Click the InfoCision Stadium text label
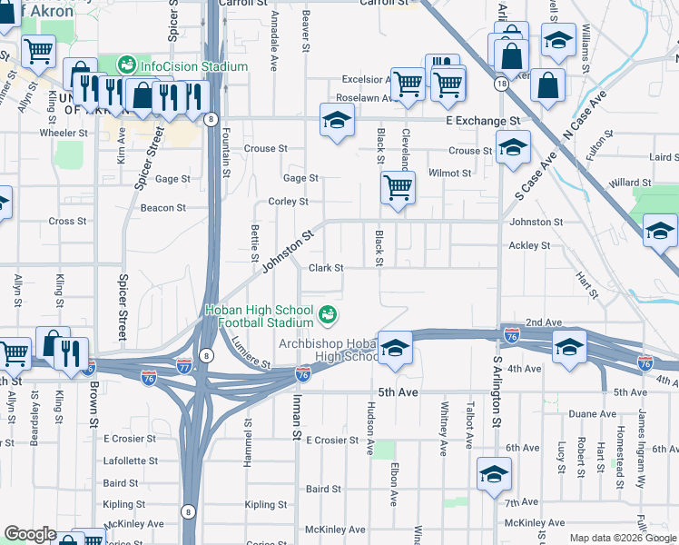click(x=193, y=66)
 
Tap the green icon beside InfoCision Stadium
click(x=126, y=65)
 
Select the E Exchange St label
click(x=482, y=120)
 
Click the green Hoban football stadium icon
click(x=328, y=315)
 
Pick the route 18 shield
click(x=501, y=84)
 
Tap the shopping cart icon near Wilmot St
click(x=398, y=188)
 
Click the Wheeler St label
click(x=64, y=133)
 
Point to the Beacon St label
click(x=163, y=208)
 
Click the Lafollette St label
click(x=132, y=461)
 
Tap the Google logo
click(x=30, y=534)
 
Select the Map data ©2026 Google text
click(x=623, y=538)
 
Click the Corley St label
click(x=288, y=202)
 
